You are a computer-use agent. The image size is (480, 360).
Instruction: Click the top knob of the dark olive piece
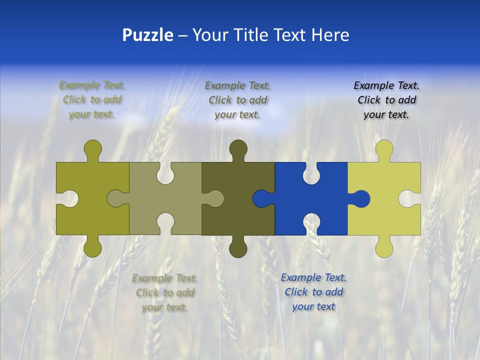coord(238,149)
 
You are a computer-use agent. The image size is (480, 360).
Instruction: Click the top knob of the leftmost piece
coord(92,149)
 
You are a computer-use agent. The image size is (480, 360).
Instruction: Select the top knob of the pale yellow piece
coord(384,149)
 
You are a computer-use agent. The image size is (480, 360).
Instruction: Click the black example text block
coord(386,100)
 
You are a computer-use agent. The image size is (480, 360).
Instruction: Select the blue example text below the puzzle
coord(313,292)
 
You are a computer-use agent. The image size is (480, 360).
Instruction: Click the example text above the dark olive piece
coord(237,100)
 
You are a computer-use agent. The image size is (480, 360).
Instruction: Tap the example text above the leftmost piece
coord(92,100)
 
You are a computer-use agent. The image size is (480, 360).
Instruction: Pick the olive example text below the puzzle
coord(164,292)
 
